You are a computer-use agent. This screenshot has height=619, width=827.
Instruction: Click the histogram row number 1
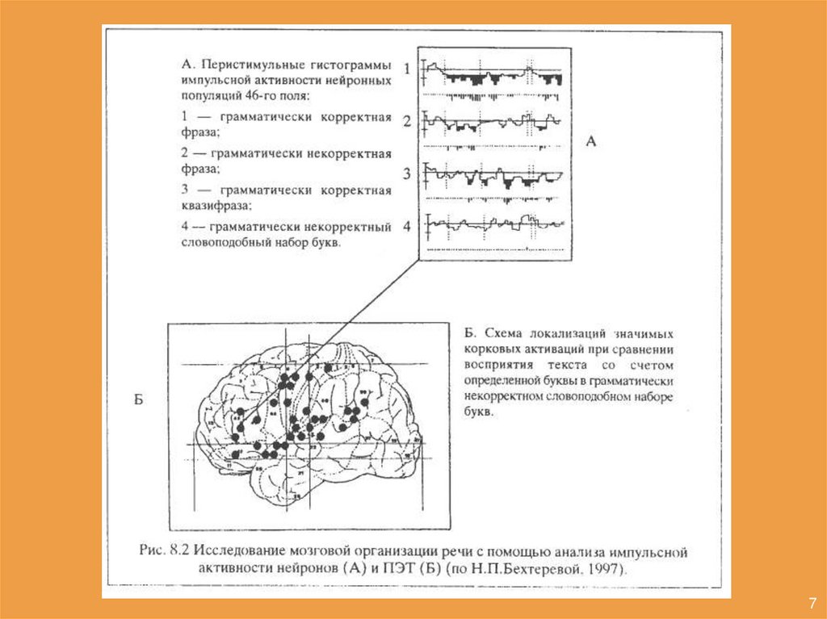pyautogui.click(x=408, y=69)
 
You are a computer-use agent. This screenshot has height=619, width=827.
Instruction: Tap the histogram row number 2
pyautogui.click(x=408, y=122)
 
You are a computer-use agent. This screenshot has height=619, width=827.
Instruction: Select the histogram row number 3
pyautogui.click(x=408, y=173)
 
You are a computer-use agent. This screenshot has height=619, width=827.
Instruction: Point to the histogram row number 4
pyautogui.click(x=408, y=226)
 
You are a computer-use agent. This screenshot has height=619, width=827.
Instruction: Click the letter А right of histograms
pyautogui.click(x=590, y=141)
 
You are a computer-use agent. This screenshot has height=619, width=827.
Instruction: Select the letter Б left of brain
pyautogui.click(x=138, y=400)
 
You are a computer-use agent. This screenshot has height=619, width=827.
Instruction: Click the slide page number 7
pyautogui.click(x=810, y=604)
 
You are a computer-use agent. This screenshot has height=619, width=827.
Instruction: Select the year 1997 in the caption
pyautogui.click(x=608, y=569)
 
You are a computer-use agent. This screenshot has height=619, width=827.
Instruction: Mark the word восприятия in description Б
pyautogui.click(x=499, y=366)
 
